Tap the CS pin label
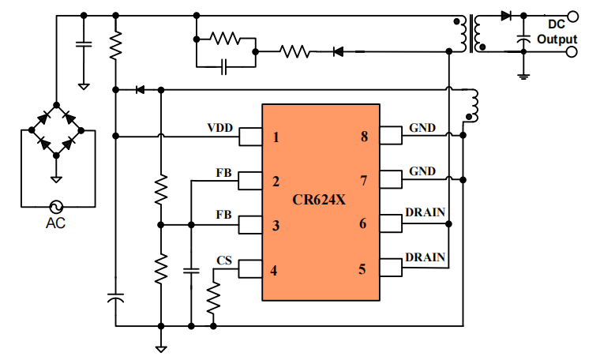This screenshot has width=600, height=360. coord(224,260)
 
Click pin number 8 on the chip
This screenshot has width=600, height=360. coord(364,137)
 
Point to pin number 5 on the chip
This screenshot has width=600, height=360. coord(362,269)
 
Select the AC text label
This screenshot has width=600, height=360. coord(55,223)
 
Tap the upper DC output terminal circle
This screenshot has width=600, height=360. coord(572,16)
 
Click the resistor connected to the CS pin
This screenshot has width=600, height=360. coord(213,298)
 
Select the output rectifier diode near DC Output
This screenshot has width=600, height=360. coord(506,16)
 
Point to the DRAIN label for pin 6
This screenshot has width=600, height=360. coord(425,212)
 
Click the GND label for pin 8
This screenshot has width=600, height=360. coord(422,128)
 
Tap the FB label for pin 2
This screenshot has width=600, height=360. coord(223,172)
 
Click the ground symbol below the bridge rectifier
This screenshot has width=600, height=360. coord(56,178)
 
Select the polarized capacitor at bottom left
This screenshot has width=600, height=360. coord(115,298)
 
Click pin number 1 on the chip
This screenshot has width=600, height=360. coord(276,137)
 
